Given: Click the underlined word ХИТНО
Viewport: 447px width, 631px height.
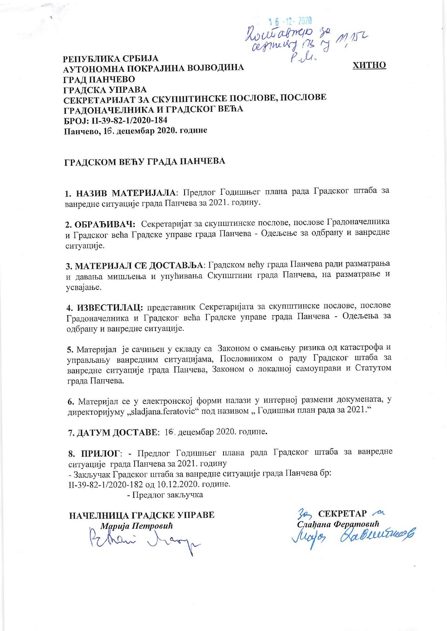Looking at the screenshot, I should pyautogui.click(x=369, y=65).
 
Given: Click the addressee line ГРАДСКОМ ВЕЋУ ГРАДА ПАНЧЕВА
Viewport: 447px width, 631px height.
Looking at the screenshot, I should pyautogui.click(x=145, y=161).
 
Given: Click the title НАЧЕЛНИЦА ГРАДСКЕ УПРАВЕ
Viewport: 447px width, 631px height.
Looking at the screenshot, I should pyautogui.click(x=142, y=515).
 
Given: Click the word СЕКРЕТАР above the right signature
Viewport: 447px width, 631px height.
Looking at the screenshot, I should pyautogui.click(x=342, y=513).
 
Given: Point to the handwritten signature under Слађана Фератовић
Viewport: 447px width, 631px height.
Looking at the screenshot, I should pyautogui.click(x=353, y=536).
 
